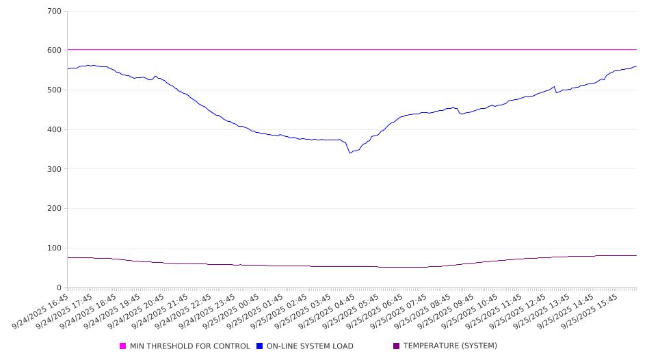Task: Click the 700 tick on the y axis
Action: click(x=55, y=11)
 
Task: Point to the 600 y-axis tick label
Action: click(x=55, y=51)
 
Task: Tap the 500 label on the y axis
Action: click(x=55, y=90)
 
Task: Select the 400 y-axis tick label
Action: click(x=55, y=129)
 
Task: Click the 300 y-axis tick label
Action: click(x=55, y=169)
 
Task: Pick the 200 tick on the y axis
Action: click(x=55, y=209)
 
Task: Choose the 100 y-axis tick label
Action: click(x=55, y=248)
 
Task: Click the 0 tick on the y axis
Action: click(x=60, y=287)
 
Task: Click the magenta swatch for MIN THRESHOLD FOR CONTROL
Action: click(x=123, y=346)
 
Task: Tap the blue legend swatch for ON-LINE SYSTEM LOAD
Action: click(x=260, y=346)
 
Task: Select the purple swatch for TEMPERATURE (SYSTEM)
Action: click(x=397, y=346)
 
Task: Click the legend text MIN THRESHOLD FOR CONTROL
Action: click(x=190, y=346)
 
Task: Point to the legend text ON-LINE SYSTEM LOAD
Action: click(x=310, y=346)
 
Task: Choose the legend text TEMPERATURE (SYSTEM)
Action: click(x=450, y=346)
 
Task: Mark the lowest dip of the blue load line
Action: click(x=350, y=153)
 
